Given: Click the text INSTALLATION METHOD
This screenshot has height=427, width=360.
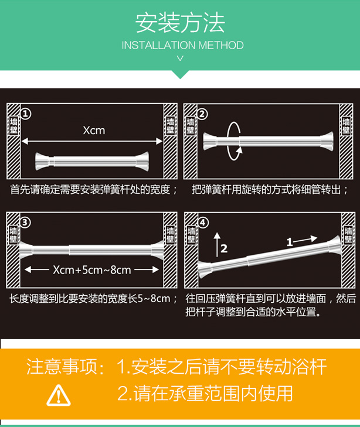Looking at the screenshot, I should coord(182,45).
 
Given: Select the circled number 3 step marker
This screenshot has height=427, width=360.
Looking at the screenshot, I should coord(26,222).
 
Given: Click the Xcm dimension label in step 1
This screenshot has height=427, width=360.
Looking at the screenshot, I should coord(93,130).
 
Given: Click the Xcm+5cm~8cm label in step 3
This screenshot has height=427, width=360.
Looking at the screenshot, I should coord(92,270).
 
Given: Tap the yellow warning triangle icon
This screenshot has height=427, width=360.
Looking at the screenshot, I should coord(59,396).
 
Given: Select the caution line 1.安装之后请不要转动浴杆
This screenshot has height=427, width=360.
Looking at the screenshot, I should coord(222,367).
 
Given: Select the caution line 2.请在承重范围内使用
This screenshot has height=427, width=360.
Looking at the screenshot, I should coord(205,394).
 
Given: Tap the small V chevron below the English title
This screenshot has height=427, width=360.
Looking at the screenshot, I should coord(180,58).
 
